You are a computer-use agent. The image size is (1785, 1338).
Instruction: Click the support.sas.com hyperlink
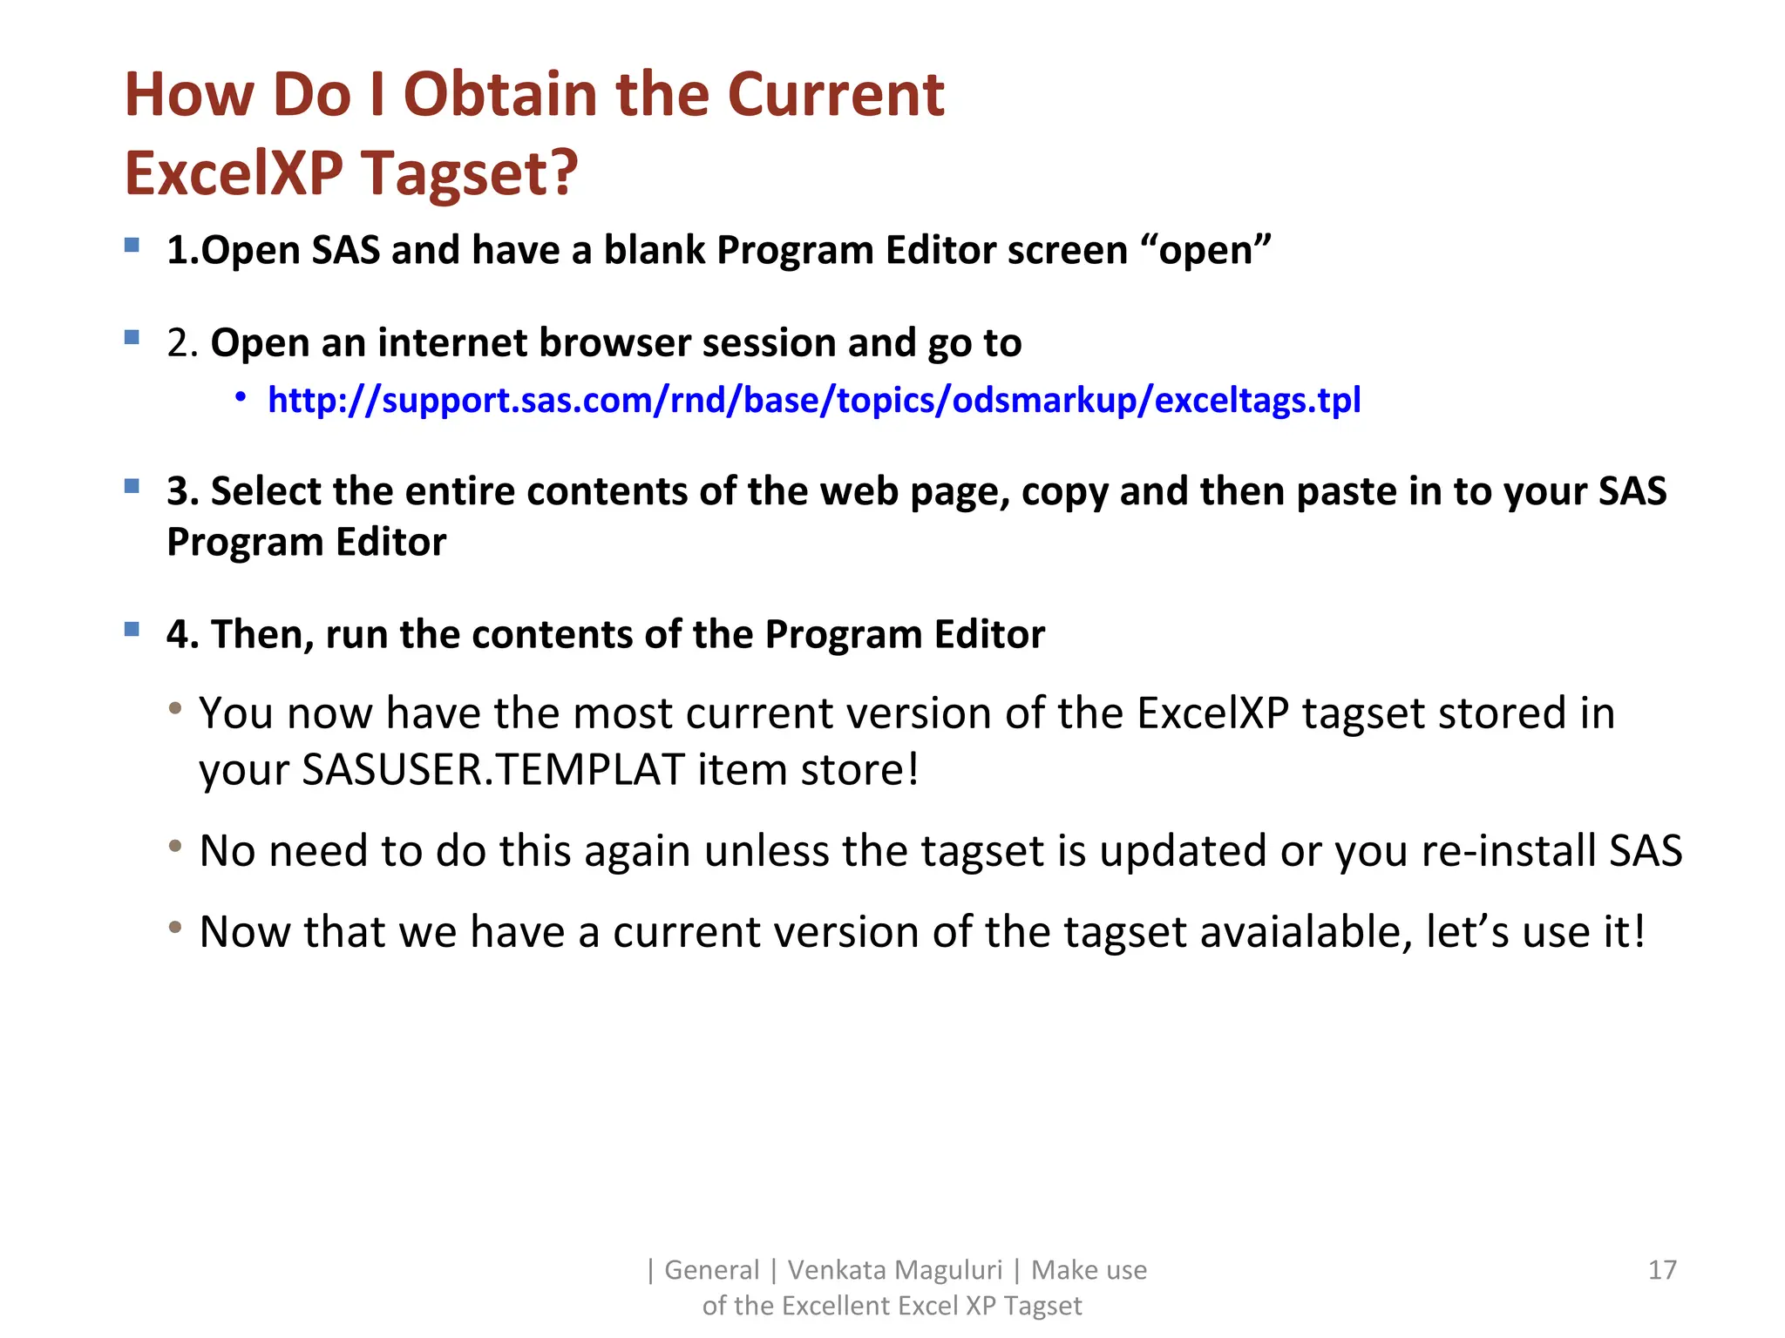tap(814, 401)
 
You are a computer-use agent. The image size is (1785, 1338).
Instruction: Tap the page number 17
tap(1662, 1270)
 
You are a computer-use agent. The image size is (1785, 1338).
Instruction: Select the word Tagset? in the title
tap(470, 172)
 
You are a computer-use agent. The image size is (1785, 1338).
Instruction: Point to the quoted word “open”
tap(1206, 250)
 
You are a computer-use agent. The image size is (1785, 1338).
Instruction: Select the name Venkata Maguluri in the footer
tap(895, 1270)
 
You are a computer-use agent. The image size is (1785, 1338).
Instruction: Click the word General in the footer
tap(711, 1270)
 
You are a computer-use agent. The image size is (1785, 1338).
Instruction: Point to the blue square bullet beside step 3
tap(132, 485)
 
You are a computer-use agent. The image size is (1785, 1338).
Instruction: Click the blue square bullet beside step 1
tap(132, 245)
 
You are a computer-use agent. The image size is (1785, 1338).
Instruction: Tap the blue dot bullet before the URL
tap(241, 398)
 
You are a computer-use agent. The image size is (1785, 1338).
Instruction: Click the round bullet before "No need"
tap(175, 846)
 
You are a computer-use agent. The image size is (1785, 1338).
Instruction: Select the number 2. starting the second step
tap(183, 343)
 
